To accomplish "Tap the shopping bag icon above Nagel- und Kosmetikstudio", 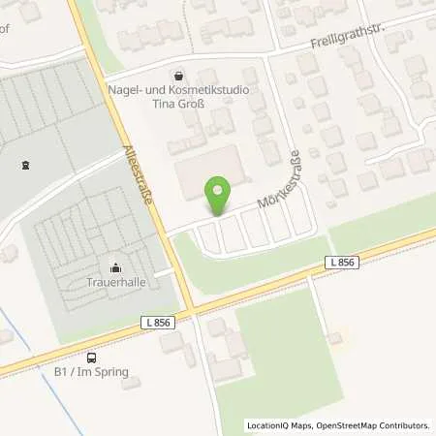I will [x=178, y=75].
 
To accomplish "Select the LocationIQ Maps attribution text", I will [x=277, y=424].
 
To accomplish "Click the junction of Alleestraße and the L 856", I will [x=191, y=309].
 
